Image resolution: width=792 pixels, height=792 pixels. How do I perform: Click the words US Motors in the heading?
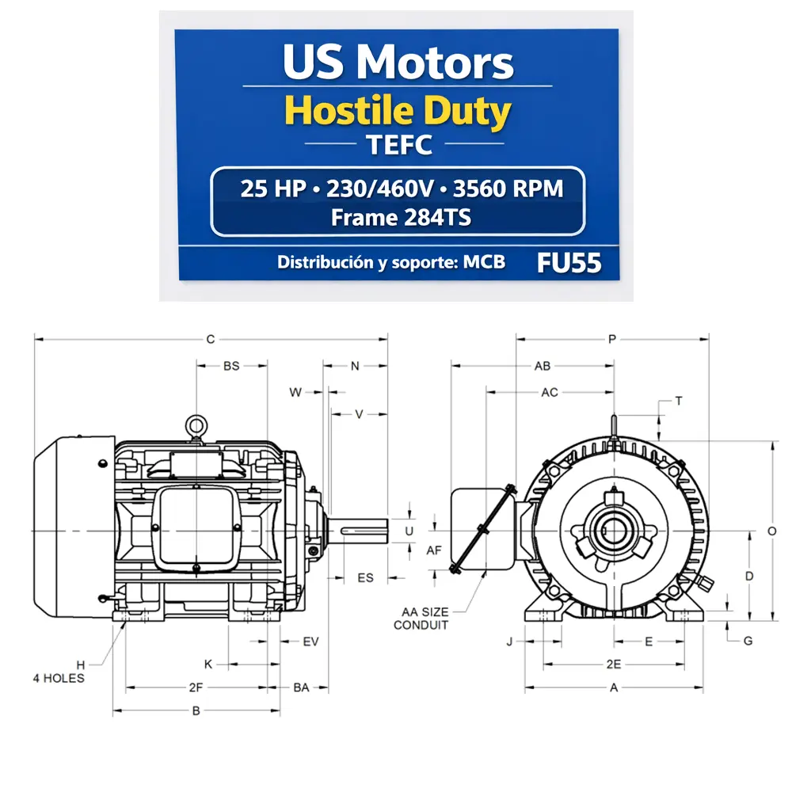click(x=398, y=63)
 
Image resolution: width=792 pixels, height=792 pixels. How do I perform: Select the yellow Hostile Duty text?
click(x=398, y=112)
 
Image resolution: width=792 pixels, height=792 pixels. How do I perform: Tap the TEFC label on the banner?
click(x=400, y=145)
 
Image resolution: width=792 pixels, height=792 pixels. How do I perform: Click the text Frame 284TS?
click(x=401, y=217)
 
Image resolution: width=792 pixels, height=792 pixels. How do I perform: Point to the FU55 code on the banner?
click(x=569, y=263)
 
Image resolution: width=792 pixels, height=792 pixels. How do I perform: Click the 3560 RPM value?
click(x=511, y=189)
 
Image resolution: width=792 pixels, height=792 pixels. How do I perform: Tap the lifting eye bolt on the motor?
click(x=196, y=427)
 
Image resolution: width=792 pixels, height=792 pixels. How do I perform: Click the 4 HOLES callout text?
click(x=58, y=678)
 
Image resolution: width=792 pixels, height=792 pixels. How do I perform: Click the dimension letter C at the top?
click(x=211, y=340)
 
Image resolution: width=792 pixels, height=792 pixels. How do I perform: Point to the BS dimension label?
click(x=230, y=366)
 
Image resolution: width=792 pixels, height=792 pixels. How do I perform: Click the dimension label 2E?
click(x=613, y=664)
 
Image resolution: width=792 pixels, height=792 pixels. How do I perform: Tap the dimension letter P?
click(x=612, y=340)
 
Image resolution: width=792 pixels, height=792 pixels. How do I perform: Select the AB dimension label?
click(x=543, y=366)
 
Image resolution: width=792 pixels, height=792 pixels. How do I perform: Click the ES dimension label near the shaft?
click(x=365, y=578)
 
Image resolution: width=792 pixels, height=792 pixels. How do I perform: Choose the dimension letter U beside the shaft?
click(x=409, y=530)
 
